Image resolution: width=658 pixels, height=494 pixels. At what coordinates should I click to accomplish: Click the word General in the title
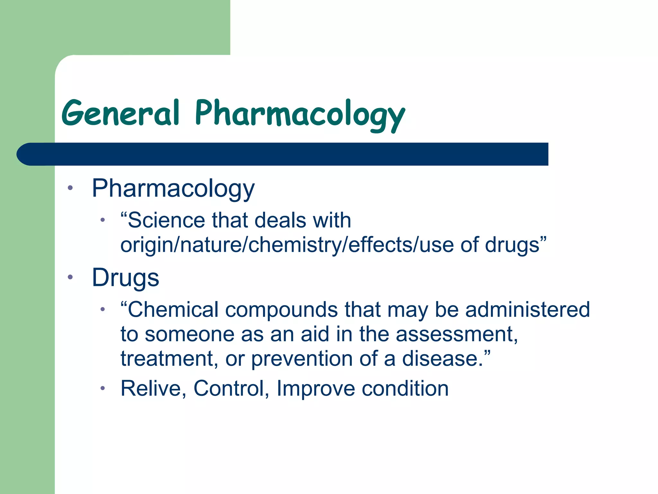click(120, 113)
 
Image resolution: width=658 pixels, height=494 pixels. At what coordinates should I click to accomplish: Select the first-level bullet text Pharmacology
click(173, 189)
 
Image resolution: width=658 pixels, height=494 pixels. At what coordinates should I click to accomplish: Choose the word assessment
click(457, 334)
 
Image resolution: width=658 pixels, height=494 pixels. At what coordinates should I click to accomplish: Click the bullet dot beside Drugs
click(70, 277)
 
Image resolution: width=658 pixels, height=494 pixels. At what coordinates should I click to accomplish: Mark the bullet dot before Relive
click(102, 388)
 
